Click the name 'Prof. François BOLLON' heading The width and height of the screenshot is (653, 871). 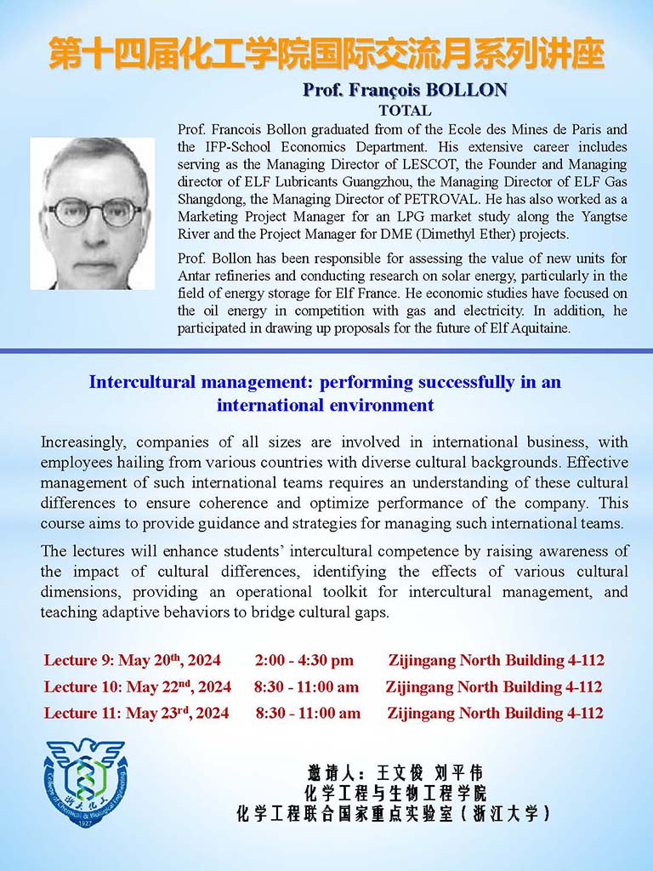point(405,90)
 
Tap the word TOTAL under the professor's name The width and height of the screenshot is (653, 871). point(405,111)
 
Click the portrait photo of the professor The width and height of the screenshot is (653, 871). point(93,213)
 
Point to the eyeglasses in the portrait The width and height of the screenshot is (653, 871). point(92,210)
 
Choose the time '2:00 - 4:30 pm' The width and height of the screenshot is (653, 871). point(304,660)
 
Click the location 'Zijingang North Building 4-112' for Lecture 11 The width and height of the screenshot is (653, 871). point(495,714)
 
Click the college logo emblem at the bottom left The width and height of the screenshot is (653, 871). point(86,783)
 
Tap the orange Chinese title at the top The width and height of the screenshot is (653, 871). point(326,53)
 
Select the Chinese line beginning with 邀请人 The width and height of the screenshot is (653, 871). point(395,772)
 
